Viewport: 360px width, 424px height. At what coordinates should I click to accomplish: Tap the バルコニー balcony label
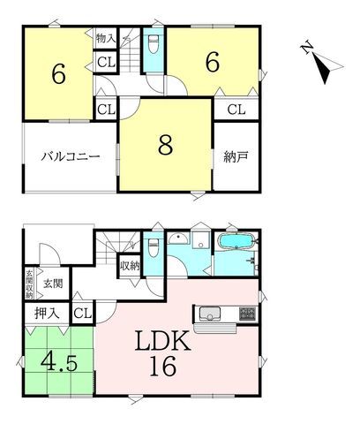point(67,156)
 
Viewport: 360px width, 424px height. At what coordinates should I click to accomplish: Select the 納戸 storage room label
point(235,157)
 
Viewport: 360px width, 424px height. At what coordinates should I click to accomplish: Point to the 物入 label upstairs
point(103,40)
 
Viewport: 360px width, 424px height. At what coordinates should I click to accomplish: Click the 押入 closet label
point(47,312)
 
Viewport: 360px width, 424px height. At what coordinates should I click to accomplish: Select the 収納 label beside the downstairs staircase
point(130,264)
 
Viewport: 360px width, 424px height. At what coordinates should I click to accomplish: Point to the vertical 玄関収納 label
point(28,284)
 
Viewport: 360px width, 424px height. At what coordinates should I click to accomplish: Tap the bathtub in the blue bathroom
point(235,242)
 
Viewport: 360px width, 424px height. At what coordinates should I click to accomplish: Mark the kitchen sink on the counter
point(212,313)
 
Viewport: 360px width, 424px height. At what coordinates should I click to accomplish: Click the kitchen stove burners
point(245,313)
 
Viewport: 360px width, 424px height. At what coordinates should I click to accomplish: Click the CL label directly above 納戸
point(236,110)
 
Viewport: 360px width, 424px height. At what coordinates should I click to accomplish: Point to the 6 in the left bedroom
point(57,74)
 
